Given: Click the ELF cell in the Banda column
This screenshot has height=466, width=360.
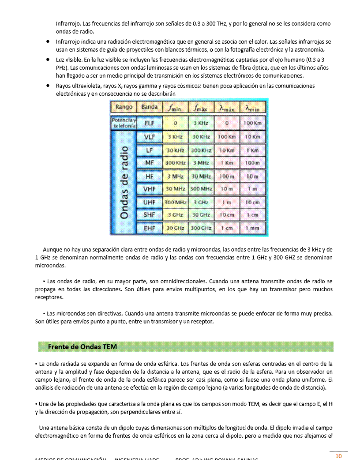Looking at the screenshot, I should pyautogui.click(x=150, y=124).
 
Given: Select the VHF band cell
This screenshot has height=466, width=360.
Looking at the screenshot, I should pyautogui.click(x=150, y=189).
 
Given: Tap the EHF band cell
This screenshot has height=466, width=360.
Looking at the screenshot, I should pyautogui.click(x=150, y=228).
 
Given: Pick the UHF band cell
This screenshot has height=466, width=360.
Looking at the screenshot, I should pyautogui.click(x=150, y=202).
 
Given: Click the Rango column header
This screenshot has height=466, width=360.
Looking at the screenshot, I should pyautogui.click(x=124, y=107).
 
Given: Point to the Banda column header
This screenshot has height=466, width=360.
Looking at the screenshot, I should pyautogui.click(x=150, y=107).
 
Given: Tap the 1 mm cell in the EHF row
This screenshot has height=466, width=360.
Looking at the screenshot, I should pyautogui.click(x=252, y=228).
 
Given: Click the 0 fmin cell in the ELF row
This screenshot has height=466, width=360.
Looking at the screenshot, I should pyautogui.click(x=175, y=124).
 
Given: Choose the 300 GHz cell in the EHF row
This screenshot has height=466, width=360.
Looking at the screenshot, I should pyautogui.click(x=201, y=228).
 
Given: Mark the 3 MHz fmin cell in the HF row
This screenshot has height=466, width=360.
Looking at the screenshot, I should pyautogui.click(x=175, y=177).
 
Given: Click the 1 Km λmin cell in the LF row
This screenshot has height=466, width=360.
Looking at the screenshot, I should pyautogui.click(x=252, y=150).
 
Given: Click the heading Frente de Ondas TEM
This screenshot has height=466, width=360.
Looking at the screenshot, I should pyautogui.click(x=82, y=347).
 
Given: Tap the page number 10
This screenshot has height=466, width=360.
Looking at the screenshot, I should pyautogui.click(x=338, y=456).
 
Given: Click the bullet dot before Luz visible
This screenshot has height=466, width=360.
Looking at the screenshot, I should pyautogui.click(x=47, y=59).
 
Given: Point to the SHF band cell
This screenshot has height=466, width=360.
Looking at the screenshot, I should pyautogui.click(x=150, y=215).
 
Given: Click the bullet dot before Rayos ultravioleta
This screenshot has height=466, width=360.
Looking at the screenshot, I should pyautogui.click(x=47, y=86).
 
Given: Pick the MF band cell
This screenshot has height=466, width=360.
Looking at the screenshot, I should pyautogui.click(x=150, y=163).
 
